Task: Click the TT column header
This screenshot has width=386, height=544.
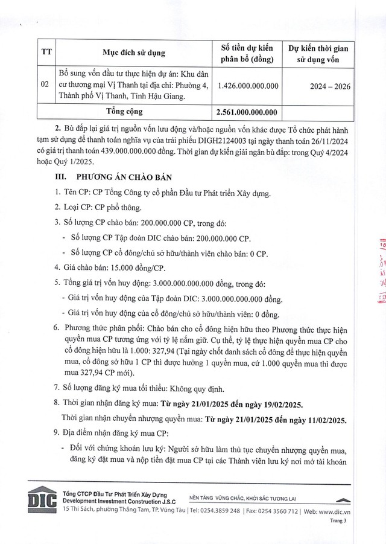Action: (x=45, y=53)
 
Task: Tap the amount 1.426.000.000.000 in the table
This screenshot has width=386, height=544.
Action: (x=247, y=86)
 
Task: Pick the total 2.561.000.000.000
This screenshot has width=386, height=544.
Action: (x=247, y=112)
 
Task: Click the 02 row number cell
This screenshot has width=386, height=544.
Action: (x=45, y=86)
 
